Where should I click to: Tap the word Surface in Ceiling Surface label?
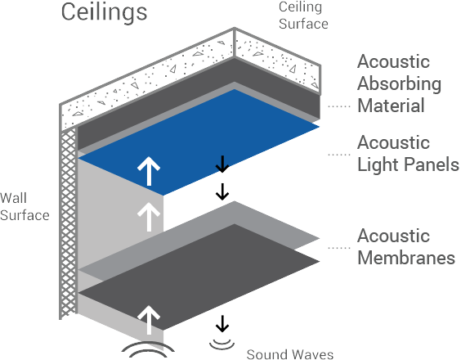303,24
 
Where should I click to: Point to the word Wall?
14,197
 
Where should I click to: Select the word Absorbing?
399,83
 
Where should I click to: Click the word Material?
391,106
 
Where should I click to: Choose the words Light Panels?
408,164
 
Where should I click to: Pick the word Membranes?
406,258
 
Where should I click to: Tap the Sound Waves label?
290,354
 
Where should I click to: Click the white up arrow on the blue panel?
149,171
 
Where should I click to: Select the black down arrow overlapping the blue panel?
222,164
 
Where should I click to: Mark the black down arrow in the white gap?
222,191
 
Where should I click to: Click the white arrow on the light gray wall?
149,217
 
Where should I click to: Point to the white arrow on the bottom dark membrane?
149,320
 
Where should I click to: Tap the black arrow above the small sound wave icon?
222,323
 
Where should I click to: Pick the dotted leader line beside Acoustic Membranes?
339,248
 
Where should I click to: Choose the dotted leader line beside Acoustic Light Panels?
339,155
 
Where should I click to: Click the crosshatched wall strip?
69,223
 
